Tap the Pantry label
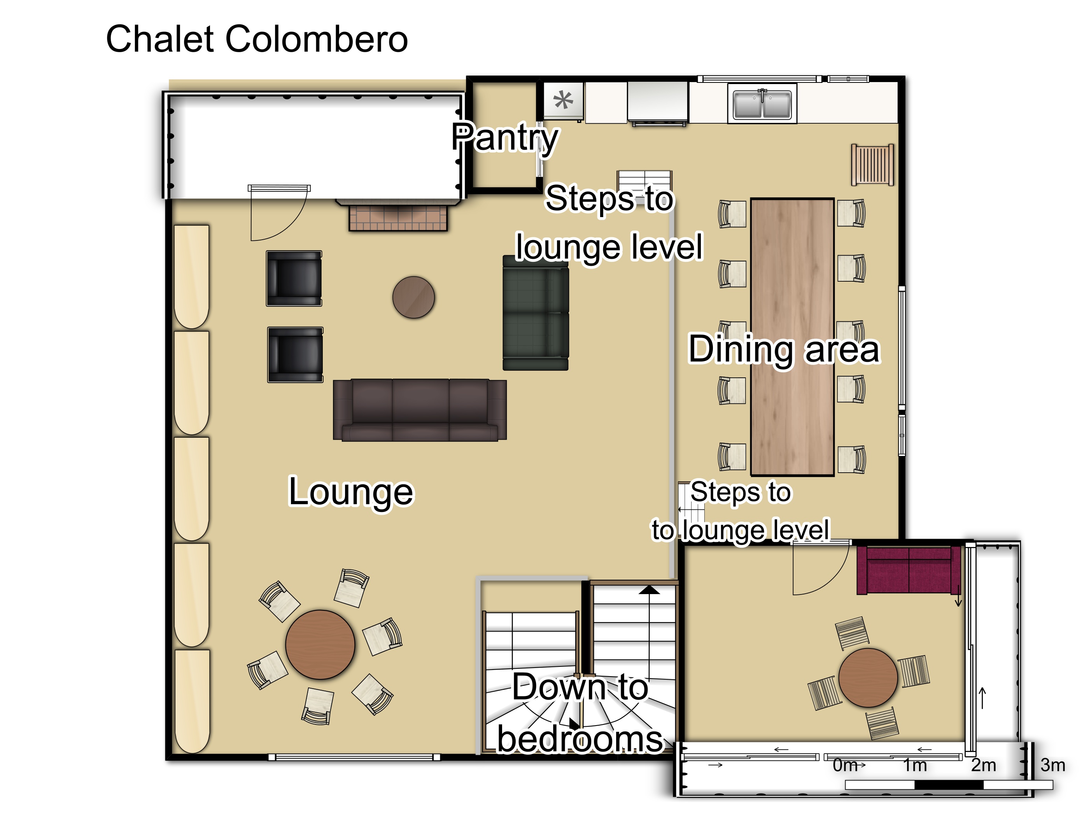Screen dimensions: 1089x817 click(505, 137)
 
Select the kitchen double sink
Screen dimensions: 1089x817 click(762, 104)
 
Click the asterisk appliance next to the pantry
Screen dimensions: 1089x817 click(563, 100)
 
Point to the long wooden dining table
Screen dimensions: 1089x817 click(792, 337)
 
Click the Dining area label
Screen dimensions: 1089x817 click(784, 350)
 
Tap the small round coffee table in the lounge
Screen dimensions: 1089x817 click(413, 298)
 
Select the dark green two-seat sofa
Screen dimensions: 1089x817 click(536, 313)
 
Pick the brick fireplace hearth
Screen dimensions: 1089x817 click(398, 217)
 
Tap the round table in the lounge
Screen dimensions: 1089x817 click(320, 645)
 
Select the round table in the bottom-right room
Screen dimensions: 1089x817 click(868, 678)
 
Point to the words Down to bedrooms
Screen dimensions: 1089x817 click(580, 713)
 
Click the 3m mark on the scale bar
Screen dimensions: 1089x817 click(1052, 765)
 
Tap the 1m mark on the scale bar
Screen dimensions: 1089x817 click(915, 765)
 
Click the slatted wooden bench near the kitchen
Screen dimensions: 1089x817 click(873, 165)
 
